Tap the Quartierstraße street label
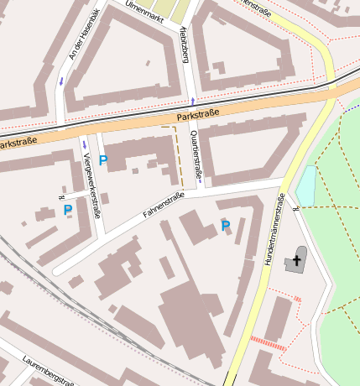196,154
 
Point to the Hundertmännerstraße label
274,230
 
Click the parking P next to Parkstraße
103,160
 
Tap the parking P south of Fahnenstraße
225,226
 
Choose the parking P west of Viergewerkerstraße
67,209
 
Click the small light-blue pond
306,185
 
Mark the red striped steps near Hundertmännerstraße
269,342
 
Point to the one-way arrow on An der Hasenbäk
60,81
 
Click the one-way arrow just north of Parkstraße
192,101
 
